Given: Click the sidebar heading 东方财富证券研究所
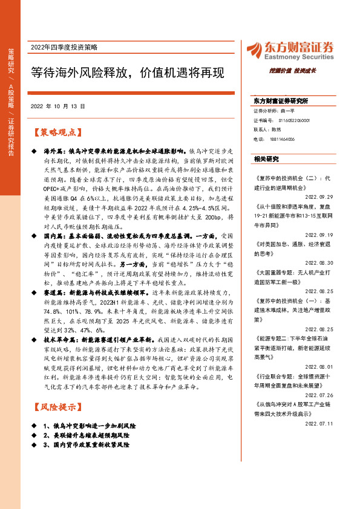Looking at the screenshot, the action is (281, 101).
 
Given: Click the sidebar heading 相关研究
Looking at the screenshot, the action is (266, 159).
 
